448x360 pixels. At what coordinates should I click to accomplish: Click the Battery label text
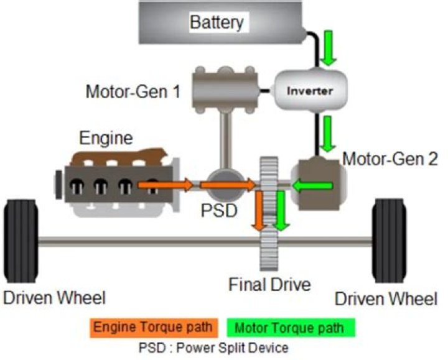[x=217, y=23]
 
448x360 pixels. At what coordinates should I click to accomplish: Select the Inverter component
[x=309, y=91]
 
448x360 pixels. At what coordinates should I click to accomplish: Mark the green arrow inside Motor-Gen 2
[x=313, y=185]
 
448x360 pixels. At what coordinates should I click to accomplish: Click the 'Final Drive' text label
[x=269, y=285]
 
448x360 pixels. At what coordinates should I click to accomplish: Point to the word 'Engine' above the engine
[x=106, y=137]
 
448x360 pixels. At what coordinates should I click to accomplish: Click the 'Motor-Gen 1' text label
[x=133, y=93]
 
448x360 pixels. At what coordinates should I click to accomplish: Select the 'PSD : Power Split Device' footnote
[x=222, y=346]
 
